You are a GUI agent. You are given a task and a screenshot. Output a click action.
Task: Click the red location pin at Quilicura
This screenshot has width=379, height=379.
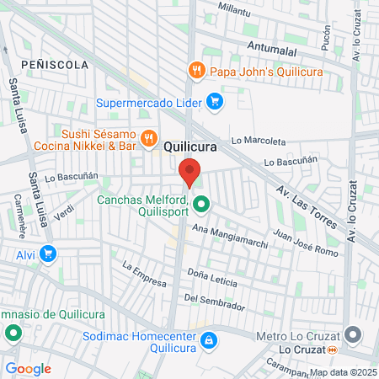coord(190,172)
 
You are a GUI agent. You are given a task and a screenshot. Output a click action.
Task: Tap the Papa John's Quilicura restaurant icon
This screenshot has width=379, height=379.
coord(195,70)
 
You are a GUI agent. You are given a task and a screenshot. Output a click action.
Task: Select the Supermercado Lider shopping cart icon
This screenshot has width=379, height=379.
coord(216,103)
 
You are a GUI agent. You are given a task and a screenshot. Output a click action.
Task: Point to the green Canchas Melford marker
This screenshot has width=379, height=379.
coord(201,204)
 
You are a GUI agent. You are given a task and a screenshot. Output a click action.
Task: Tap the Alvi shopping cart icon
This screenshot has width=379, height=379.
coord(48,253)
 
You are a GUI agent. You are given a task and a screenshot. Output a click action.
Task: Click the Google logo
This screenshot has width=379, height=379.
coord(28,368)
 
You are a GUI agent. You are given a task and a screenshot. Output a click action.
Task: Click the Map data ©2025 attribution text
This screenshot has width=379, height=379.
coord(342,371)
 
